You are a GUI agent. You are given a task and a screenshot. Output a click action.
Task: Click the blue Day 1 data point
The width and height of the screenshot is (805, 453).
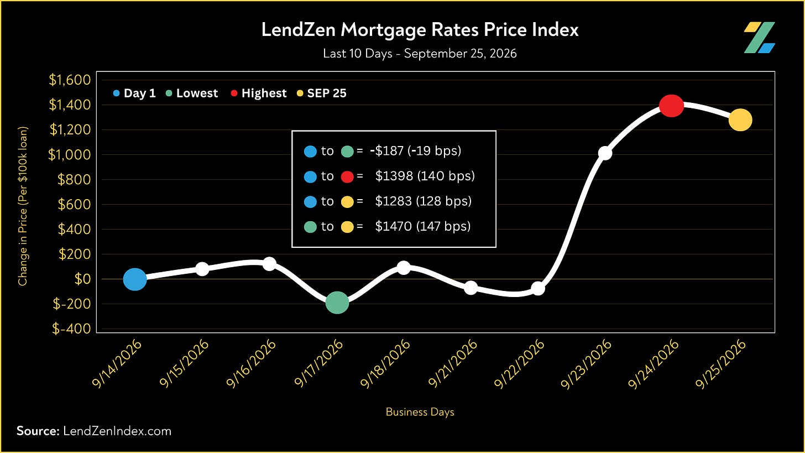click(x=135, y=279)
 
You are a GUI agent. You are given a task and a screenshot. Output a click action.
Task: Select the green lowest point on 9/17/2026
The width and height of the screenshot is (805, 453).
click(x=337, y=303)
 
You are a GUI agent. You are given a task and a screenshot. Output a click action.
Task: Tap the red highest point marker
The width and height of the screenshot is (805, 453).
click(x=671, y=106)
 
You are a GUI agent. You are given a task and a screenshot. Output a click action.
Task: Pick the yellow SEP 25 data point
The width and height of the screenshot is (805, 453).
click(x=740, y=120)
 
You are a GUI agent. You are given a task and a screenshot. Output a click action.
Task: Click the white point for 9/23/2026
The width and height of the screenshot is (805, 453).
click(x=605, y=153)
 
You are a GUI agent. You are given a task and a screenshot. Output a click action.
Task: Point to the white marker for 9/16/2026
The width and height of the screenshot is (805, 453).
click(x=270, y=264)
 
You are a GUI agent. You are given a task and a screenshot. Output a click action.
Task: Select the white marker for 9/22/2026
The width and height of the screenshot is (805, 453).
click(x=538, y=288)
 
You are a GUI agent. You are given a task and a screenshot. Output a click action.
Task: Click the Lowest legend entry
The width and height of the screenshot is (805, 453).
click(x=192, y=93)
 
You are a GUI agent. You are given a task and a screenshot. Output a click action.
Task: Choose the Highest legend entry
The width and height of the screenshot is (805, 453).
click(x=259, y=93)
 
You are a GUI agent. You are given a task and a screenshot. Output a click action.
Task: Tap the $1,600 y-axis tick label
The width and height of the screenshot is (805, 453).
click(x=70, y=80)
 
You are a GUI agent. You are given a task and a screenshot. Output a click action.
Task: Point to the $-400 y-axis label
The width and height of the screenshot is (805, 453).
click(x=71, y=329)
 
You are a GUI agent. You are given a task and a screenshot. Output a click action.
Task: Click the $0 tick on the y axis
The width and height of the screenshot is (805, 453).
click(x=82, y=279)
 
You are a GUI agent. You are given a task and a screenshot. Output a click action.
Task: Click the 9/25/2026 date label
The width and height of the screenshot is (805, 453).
click(x=720, y=363)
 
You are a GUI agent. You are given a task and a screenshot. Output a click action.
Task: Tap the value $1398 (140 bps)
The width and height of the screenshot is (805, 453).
click(x=425, y=176)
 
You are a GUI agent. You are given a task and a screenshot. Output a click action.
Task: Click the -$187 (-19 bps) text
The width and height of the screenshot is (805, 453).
click(x=415, y=150)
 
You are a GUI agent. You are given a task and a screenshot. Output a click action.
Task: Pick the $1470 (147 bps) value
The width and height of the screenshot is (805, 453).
click(x=422, y=227)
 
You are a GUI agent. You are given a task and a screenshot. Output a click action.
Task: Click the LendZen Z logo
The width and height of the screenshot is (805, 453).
click(x=759, y=38)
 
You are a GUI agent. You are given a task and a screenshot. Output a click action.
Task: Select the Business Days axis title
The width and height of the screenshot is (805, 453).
click(x=420, y=412)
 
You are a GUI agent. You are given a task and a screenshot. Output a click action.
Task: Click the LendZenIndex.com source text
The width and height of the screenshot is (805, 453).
click(x=117, y=431)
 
